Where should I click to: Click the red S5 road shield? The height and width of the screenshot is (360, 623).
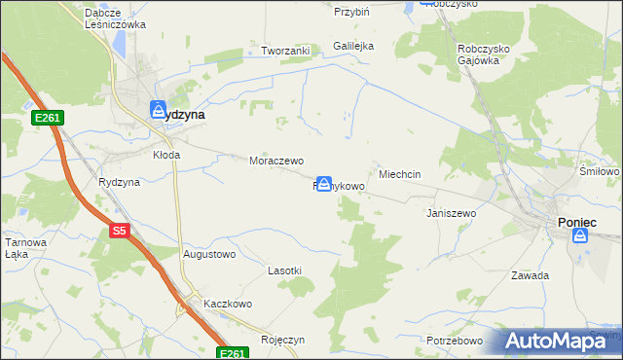point(119,231)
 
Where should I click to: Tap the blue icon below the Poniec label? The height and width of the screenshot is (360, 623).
point(580,235)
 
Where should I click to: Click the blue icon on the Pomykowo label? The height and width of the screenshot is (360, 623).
point(324,183)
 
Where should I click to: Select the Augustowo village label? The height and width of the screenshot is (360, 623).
point(209,254)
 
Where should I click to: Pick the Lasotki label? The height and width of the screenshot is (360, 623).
point(284,270)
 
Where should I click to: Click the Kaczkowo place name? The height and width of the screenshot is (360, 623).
point(228,304)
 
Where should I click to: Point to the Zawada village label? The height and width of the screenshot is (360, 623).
point(531,275)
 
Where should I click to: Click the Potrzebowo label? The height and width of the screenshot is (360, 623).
point(455,341)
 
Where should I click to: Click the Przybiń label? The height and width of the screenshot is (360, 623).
point(351,13)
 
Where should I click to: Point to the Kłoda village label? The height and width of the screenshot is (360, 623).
point(167,154)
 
